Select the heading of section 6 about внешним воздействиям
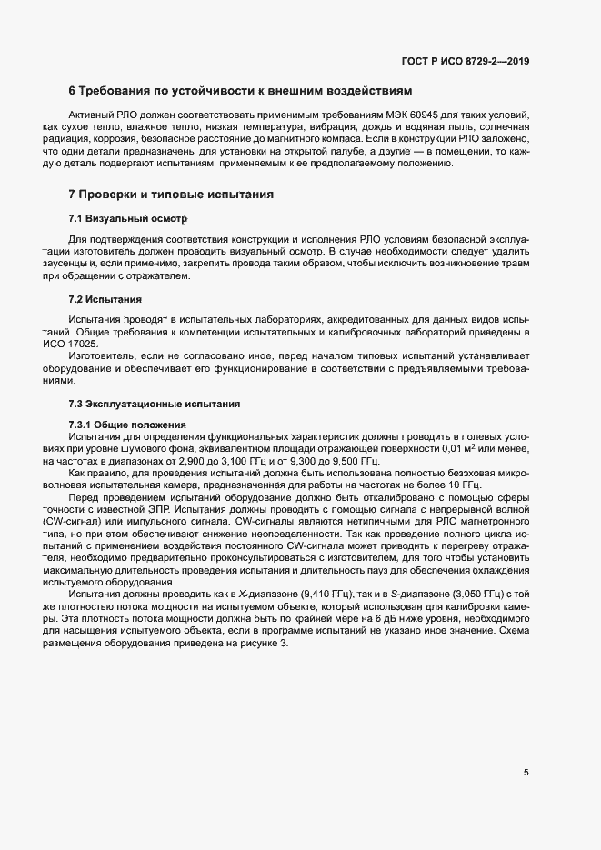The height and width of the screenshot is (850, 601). (241, 92)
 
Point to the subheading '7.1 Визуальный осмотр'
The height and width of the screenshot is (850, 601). (127, 220)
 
